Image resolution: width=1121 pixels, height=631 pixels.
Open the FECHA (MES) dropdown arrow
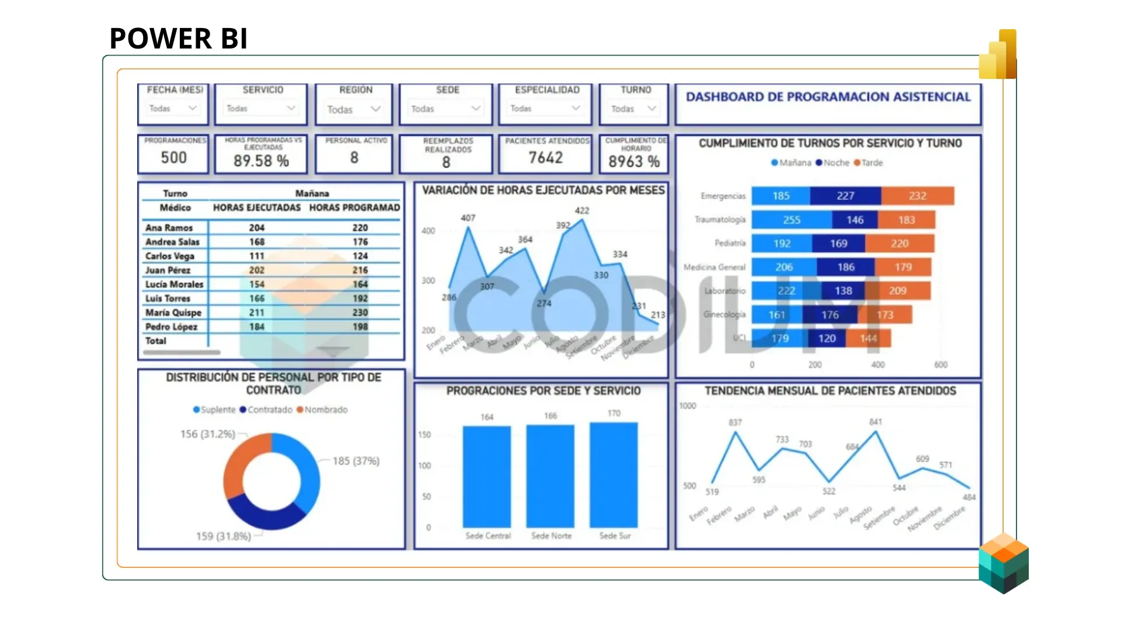pos(192,108)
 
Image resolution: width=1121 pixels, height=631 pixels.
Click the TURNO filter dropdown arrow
pos(652,108)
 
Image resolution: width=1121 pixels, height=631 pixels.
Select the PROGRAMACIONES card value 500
pos(173,158)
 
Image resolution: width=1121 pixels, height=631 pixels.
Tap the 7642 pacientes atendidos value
pos(545,158)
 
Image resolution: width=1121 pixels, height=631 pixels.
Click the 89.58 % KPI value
pos(261,161)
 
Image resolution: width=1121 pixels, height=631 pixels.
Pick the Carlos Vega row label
pos(170,256)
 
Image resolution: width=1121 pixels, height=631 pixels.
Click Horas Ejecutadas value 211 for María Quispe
pos(257,313)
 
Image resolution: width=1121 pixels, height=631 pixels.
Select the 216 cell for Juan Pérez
pos(360,270)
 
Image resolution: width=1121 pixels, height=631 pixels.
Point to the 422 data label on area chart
pos(582,210)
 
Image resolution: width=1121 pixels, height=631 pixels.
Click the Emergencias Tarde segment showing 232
pos(917,196)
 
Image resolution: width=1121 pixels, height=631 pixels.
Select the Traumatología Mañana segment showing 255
pos(791,220)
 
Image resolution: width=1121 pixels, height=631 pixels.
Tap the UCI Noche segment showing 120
pos(826,338)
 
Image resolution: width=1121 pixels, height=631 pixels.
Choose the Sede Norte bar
pos(550,476)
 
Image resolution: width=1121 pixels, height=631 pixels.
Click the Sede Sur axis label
pos(615,535)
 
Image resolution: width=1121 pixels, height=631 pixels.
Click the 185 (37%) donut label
pos(356,461)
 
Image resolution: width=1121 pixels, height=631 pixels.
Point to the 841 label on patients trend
pos(875,422)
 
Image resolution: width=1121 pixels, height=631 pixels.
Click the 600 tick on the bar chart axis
pos(941,365)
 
